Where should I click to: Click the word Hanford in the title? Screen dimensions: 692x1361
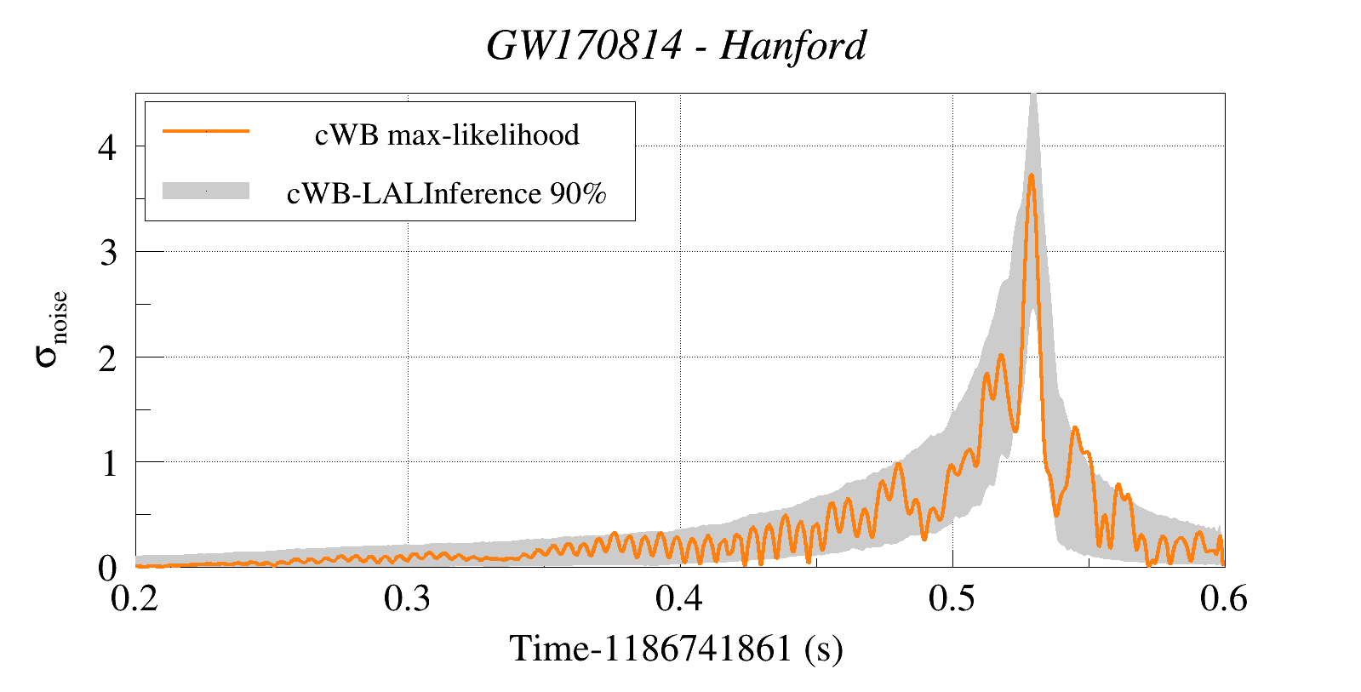point(793,46)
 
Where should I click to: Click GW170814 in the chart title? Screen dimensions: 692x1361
point(584,46)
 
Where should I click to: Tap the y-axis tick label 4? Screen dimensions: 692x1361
point(107,148)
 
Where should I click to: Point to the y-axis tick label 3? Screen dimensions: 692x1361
point(107,253)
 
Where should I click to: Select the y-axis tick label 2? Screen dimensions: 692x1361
point(107,358)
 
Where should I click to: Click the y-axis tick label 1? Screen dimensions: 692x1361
point(108,464)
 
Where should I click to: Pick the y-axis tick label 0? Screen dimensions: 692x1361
point(107,569)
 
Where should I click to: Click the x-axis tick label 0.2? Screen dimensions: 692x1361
point(135,599)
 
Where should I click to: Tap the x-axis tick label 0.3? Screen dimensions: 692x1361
point(408,599)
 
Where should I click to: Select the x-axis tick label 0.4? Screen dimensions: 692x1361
point(680,599)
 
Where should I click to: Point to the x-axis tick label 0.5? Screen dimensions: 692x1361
point(952,599)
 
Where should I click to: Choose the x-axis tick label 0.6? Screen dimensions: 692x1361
point(1224,599)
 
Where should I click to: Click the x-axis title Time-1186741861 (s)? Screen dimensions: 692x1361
point(677,649)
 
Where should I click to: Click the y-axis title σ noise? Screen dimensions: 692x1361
point(51,329)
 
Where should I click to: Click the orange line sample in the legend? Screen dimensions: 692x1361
point(206,131)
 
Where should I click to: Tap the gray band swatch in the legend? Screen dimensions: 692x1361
point(206,191)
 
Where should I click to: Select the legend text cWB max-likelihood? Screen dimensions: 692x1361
point(447,134)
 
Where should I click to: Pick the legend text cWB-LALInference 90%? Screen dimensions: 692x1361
point(447,194)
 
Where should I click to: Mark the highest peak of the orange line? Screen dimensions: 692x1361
point(1031,175)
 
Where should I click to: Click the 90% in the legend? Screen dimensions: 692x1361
point(578,194)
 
